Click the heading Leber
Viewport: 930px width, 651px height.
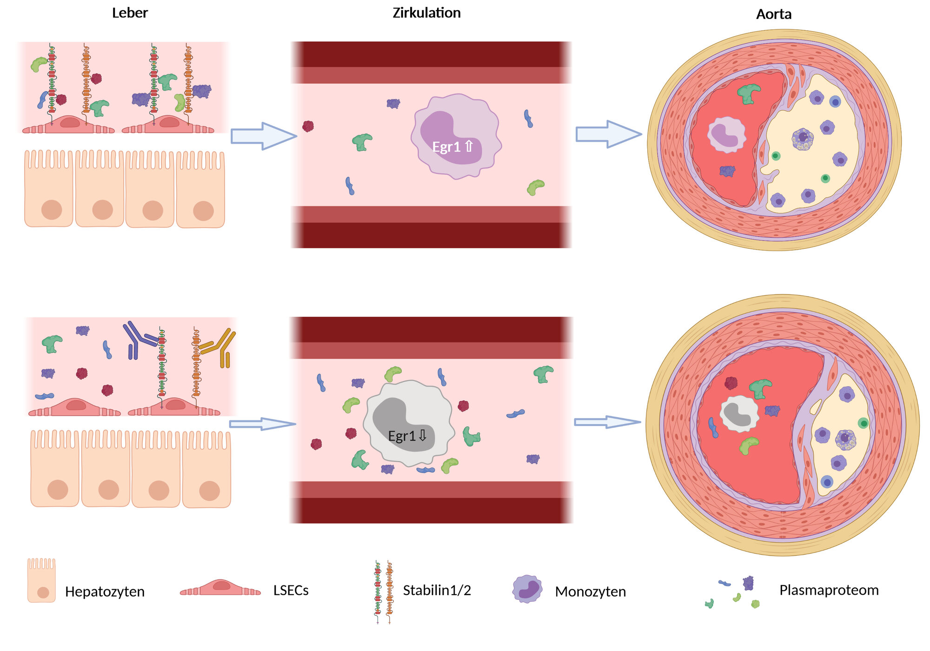(130, 13)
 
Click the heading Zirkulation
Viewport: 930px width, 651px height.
(426, 13)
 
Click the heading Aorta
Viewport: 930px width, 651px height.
(773, 14)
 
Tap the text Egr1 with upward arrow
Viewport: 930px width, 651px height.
(452, 147)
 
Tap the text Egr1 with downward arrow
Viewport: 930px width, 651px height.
(407, 436)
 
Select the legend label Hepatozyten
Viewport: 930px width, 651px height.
(105, 591)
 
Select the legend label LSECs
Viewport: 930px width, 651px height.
(291, 591)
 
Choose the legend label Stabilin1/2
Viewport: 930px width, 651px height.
(437, 591)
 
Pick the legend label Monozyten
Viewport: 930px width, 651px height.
(590, 591)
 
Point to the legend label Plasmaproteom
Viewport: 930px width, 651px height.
(829, 590)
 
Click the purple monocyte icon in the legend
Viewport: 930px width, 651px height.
(527, 589)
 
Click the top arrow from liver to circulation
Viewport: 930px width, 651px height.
(263, 136)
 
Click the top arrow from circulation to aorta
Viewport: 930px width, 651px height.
(608, 134)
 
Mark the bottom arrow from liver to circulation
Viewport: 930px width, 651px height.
(262, 424)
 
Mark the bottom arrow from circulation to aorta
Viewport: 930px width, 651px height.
(607, 422)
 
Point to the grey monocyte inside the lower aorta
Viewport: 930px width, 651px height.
(739, 413)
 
